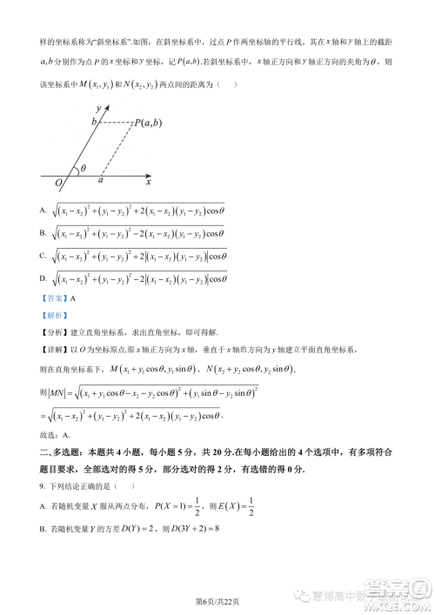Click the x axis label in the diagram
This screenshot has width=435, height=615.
pyautogui.click(x=149, y=182)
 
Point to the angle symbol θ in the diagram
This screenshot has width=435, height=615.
pyautogui.click(x=84, y=170)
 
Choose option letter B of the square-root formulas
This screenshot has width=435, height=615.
pyautogui.click(x=43, y=232)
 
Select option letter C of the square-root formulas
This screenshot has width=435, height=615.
pyautogui.click(x=43, y=255)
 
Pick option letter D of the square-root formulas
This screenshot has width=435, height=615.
pyautogui.click(x=43, y=278)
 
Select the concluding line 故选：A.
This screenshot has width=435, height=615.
pyautogui.click(x=55, y=434)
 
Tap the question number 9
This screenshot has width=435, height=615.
pyautogui.click(x=43, y=487)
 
